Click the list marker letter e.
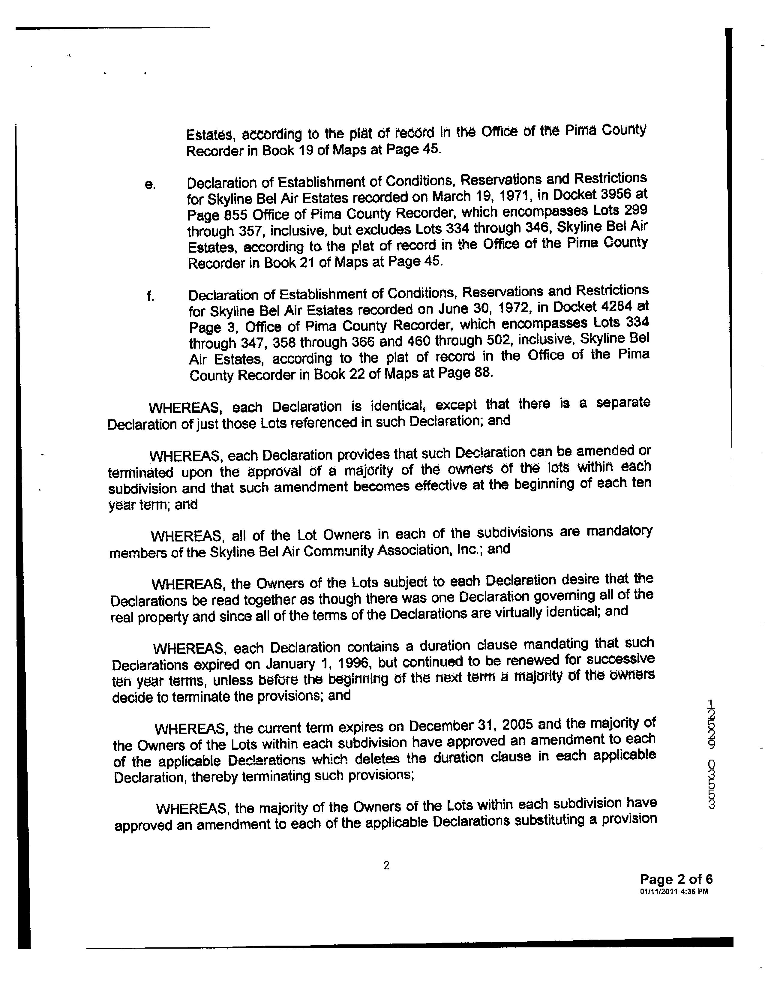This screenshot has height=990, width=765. tap(150, 185)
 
